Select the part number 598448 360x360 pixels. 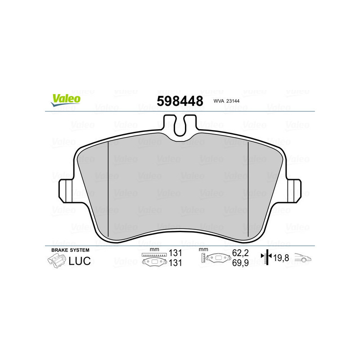pos(179,101)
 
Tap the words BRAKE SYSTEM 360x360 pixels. pos(70,250)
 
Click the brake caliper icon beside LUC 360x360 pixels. pos(56,260)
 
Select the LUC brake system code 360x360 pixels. pos(80,261)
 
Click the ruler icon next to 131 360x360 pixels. pos(154,255)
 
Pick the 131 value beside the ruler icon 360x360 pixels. pos(175,254)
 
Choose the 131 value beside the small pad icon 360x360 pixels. pos(175,263)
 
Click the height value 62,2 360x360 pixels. pos(241,254)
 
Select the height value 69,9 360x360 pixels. pos(241,263)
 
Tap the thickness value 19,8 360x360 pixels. pos(281,258)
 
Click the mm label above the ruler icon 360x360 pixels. pos(154,249)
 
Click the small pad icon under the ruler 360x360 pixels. pos(154,263)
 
